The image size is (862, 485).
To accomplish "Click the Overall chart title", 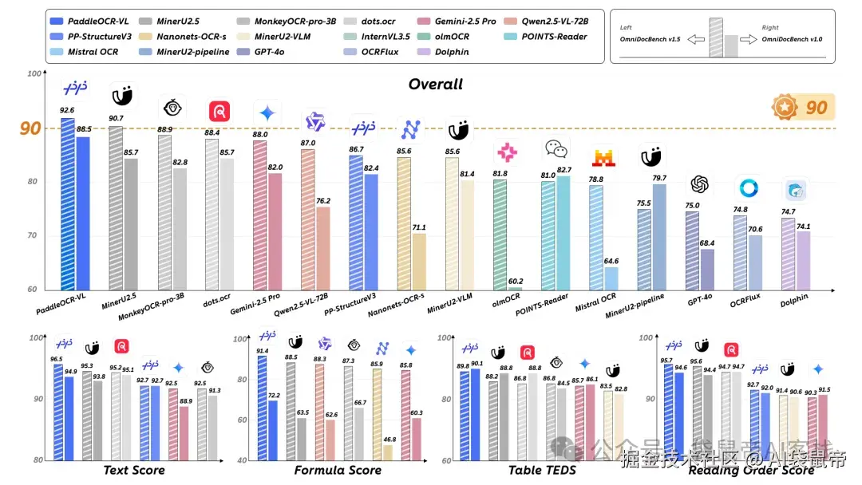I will (x=435, y=85).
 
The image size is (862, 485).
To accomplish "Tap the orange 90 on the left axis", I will (x=30, y=128).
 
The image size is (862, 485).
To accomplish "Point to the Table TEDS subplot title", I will (x=542, y=471).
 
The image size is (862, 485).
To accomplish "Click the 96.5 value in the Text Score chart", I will (x=57, y=360).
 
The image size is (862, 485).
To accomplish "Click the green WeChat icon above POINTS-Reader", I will (x=556, y=149).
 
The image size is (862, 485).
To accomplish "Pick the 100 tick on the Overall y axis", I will (x=33, y=73).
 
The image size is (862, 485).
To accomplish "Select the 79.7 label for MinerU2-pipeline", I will (x=659, y=178).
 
